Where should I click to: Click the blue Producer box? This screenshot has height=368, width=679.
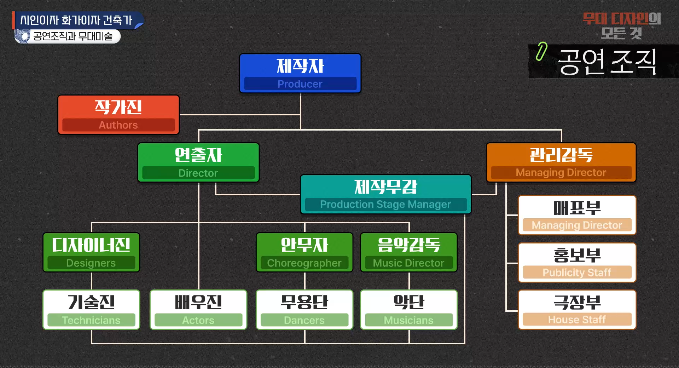point(300,73)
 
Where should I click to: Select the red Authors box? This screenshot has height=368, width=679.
point(118,115)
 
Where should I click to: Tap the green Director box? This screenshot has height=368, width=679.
point(198,162)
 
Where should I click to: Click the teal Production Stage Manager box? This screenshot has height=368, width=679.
point(385,194)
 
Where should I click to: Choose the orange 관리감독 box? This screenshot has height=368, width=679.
point(561,162)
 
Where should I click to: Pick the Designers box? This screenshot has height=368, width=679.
point(91,252)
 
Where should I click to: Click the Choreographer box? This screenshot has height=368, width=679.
point(304,252)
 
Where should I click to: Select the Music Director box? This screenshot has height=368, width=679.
point(408,252)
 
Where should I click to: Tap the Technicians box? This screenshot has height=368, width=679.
point(91,310)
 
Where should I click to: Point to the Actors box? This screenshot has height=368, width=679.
point(198,310)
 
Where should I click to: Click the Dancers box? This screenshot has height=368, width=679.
point(304,310)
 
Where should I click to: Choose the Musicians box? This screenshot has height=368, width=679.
point(408,310)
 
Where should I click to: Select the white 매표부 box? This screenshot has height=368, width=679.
point(577,215)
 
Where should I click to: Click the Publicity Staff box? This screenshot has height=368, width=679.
point(577,263)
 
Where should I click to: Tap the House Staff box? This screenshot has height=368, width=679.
point(577,310)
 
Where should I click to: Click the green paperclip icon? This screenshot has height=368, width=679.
point(541,51)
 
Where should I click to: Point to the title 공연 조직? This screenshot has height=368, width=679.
point(607,62)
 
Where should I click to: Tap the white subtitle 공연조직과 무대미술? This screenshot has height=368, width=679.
point(72,36)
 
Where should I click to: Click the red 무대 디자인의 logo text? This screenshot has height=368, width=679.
point(621,19)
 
